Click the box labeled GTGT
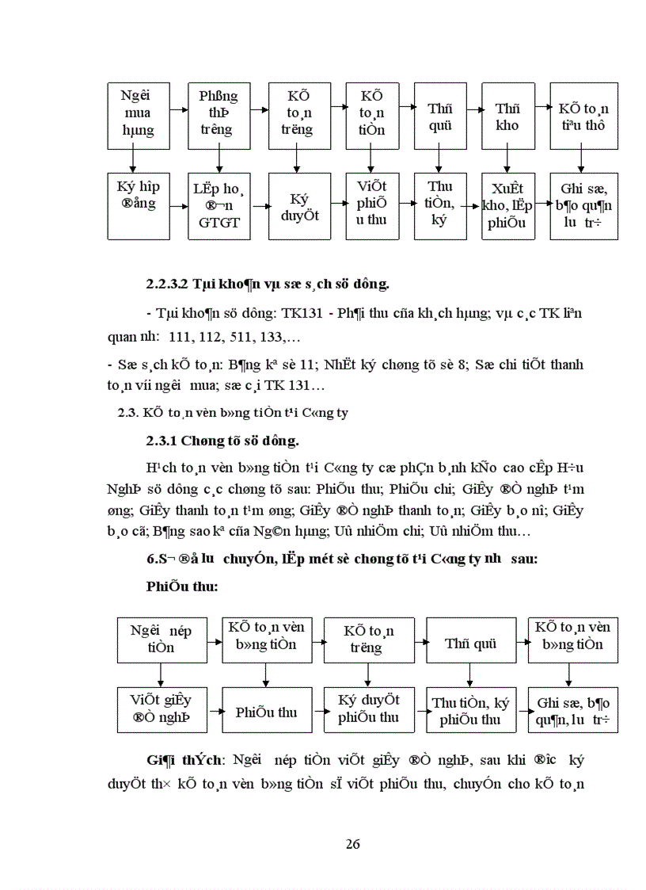(218, 206)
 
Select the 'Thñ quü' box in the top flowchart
(439, 117)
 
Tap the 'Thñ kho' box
(507, 117)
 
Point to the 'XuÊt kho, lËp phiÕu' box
(507, 206)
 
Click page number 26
(353, 844)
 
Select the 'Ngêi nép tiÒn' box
(161, 639)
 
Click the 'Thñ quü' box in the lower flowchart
(470, 643)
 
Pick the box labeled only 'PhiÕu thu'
(266, 712)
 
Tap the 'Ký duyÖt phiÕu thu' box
(369, 709)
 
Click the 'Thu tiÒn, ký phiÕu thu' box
(470, 711)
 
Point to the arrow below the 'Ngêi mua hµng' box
(132, 161)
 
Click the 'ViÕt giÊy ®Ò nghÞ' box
(161, 709)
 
